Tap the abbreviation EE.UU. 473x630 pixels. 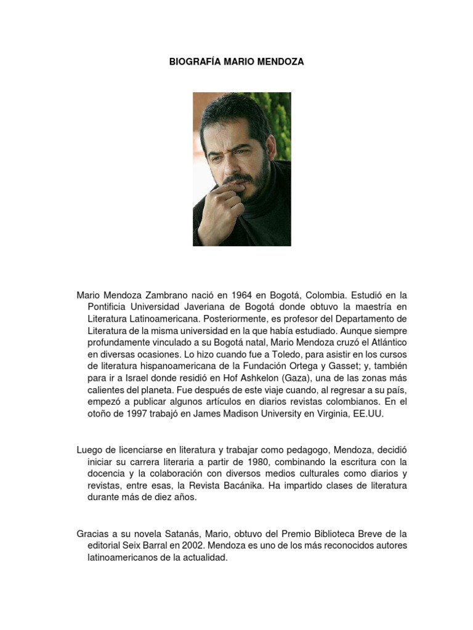click(x=368, y=414)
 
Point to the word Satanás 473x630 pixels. click(x=184, y=534)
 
